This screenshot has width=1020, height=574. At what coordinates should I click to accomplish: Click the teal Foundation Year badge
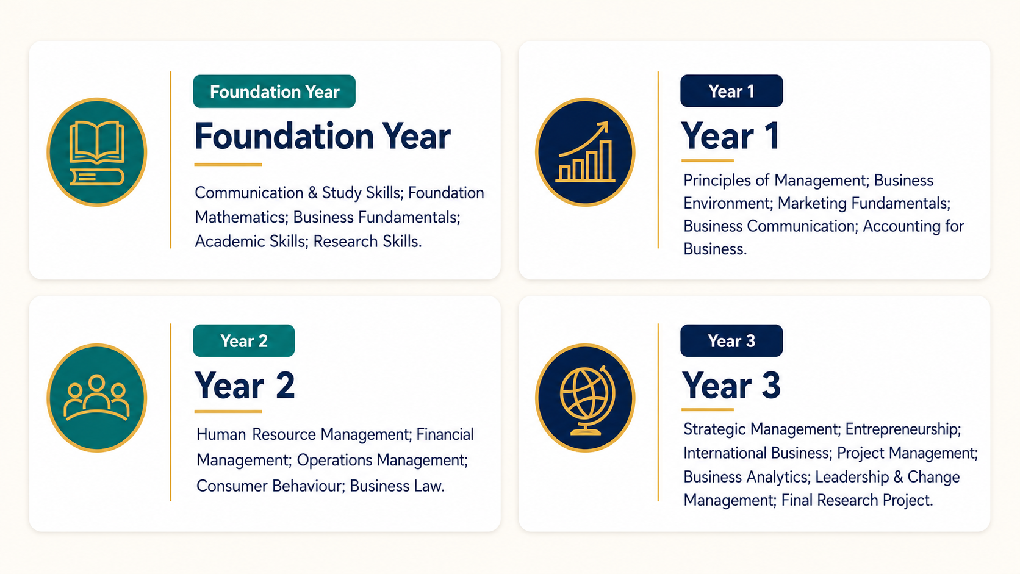tap(274, 91)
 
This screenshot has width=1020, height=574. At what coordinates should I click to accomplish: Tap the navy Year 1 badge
tap(731, 91)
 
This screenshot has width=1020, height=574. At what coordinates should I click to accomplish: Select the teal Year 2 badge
tap(243, 340)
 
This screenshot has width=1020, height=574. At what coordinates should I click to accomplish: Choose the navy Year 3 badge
tap(731, 340)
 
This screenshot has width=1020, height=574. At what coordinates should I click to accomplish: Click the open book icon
tap(96, 152)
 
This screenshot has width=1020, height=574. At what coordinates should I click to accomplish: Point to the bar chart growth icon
tap(585, 152)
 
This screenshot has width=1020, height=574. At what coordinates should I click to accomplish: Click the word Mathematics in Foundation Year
tap(242, 217)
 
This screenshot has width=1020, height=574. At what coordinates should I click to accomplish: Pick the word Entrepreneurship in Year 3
tap(903, 429)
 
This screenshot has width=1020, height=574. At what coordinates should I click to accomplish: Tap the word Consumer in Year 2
tap(232, 486)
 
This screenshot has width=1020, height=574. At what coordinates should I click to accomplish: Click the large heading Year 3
tap(731, 386)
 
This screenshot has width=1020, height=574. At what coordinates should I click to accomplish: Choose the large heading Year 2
tap(245, 386)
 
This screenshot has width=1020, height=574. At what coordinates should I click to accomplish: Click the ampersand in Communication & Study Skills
tap(313, 193)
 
